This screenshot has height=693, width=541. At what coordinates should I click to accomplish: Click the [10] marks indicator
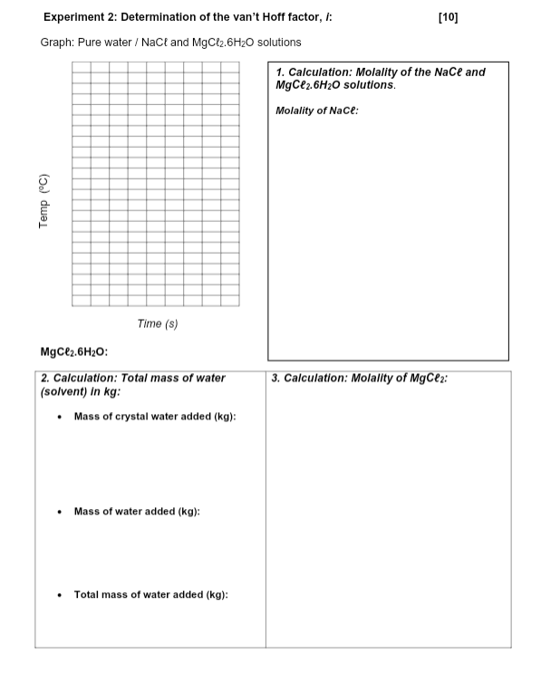click(448, 17)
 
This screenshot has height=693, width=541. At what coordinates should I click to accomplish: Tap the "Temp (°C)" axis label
click(43, 201)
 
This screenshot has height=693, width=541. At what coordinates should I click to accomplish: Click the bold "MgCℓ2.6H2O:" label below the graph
click(75, 352)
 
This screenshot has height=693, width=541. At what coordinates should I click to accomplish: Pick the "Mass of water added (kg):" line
click(137, 512)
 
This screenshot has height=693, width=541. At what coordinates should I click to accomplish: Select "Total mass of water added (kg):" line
click(150, 595)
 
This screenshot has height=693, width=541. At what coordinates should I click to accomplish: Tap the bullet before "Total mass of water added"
click(59, 596)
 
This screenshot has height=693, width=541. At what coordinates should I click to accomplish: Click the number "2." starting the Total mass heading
click(45, 379)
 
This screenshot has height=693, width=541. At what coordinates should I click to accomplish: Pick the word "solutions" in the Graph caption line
click(279, 43)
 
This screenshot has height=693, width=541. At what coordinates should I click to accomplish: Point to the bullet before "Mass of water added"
click(59, 513)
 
